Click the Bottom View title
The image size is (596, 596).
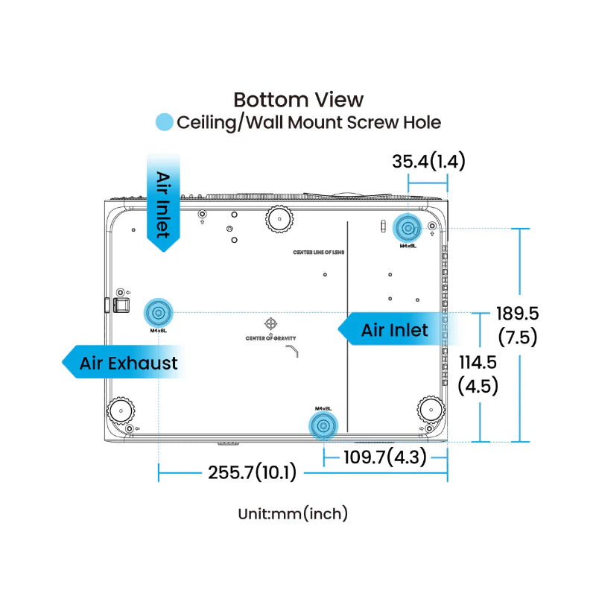[298, 99]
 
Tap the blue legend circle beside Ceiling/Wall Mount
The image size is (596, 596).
[164, 123]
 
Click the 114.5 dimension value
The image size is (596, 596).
[478, 363]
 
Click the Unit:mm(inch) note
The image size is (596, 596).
[293, 513]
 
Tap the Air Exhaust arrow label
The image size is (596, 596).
[123, 363]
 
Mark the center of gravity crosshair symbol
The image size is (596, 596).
[270, 324]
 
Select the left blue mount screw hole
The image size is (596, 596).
[158, 311]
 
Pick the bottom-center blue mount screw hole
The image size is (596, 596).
[323, 425]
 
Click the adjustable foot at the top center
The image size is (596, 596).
[279, 218]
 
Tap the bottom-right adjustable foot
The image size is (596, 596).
[430, 408]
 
